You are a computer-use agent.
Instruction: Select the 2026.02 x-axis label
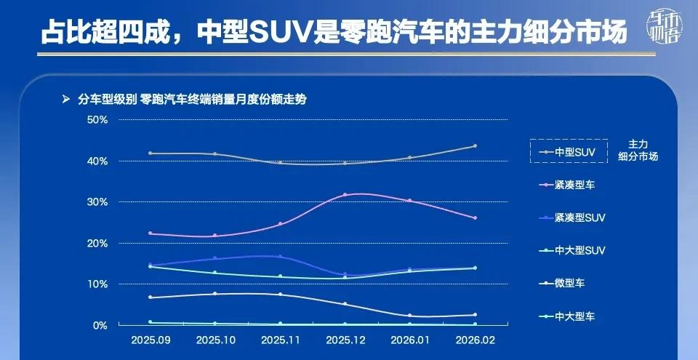coord(474,340)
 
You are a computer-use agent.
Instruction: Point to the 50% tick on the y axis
coord(97,119)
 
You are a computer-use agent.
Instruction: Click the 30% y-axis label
coord(97,201)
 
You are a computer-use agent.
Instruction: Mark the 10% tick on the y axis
coord(97,284)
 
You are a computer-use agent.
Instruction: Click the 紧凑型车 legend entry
coord(574,185)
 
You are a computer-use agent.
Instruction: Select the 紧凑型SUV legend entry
coord(579,217)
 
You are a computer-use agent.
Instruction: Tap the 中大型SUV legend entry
coord(579,250)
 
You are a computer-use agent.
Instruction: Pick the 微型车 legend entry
coord(569,283)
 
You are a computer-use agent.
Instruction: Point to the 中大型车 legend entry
coord(574,316)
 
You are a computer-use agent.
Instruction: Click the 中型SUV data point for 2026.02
coord(475,146)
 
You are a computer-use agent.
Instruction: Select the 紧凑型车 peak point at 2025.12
coord(345,195)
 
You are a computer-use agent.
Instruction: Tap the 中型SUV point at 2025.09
coord(151,153)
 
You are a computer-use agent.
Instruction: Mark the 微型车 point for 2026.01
coord(410,316)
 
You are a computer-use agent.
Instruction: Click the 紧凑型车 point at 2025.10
coord(215,236)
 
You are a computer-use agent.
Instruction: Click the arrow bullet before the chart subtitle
coord(66,99)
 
